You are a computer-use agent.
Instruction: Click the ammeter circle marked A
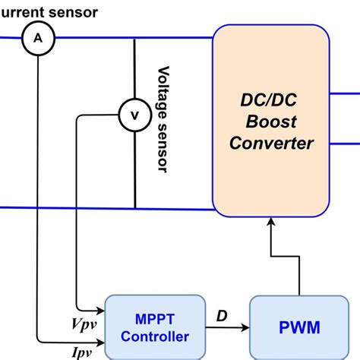point(35,37)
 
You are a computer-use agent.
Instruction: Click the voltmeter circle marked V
point(134,115)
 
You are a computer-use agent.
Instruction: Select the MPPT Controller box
point(154,326)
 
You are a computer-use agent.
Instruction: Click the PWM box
point(298,327)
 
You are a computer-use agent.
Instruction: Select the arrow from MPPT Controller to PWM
point(227,328)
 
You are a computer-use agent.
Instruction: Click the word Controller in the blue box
point(154,336)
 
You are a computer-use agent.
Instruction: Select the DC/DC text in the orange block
point(270,99)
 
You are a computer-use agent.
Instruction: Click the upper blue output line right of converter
point(346,90)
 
